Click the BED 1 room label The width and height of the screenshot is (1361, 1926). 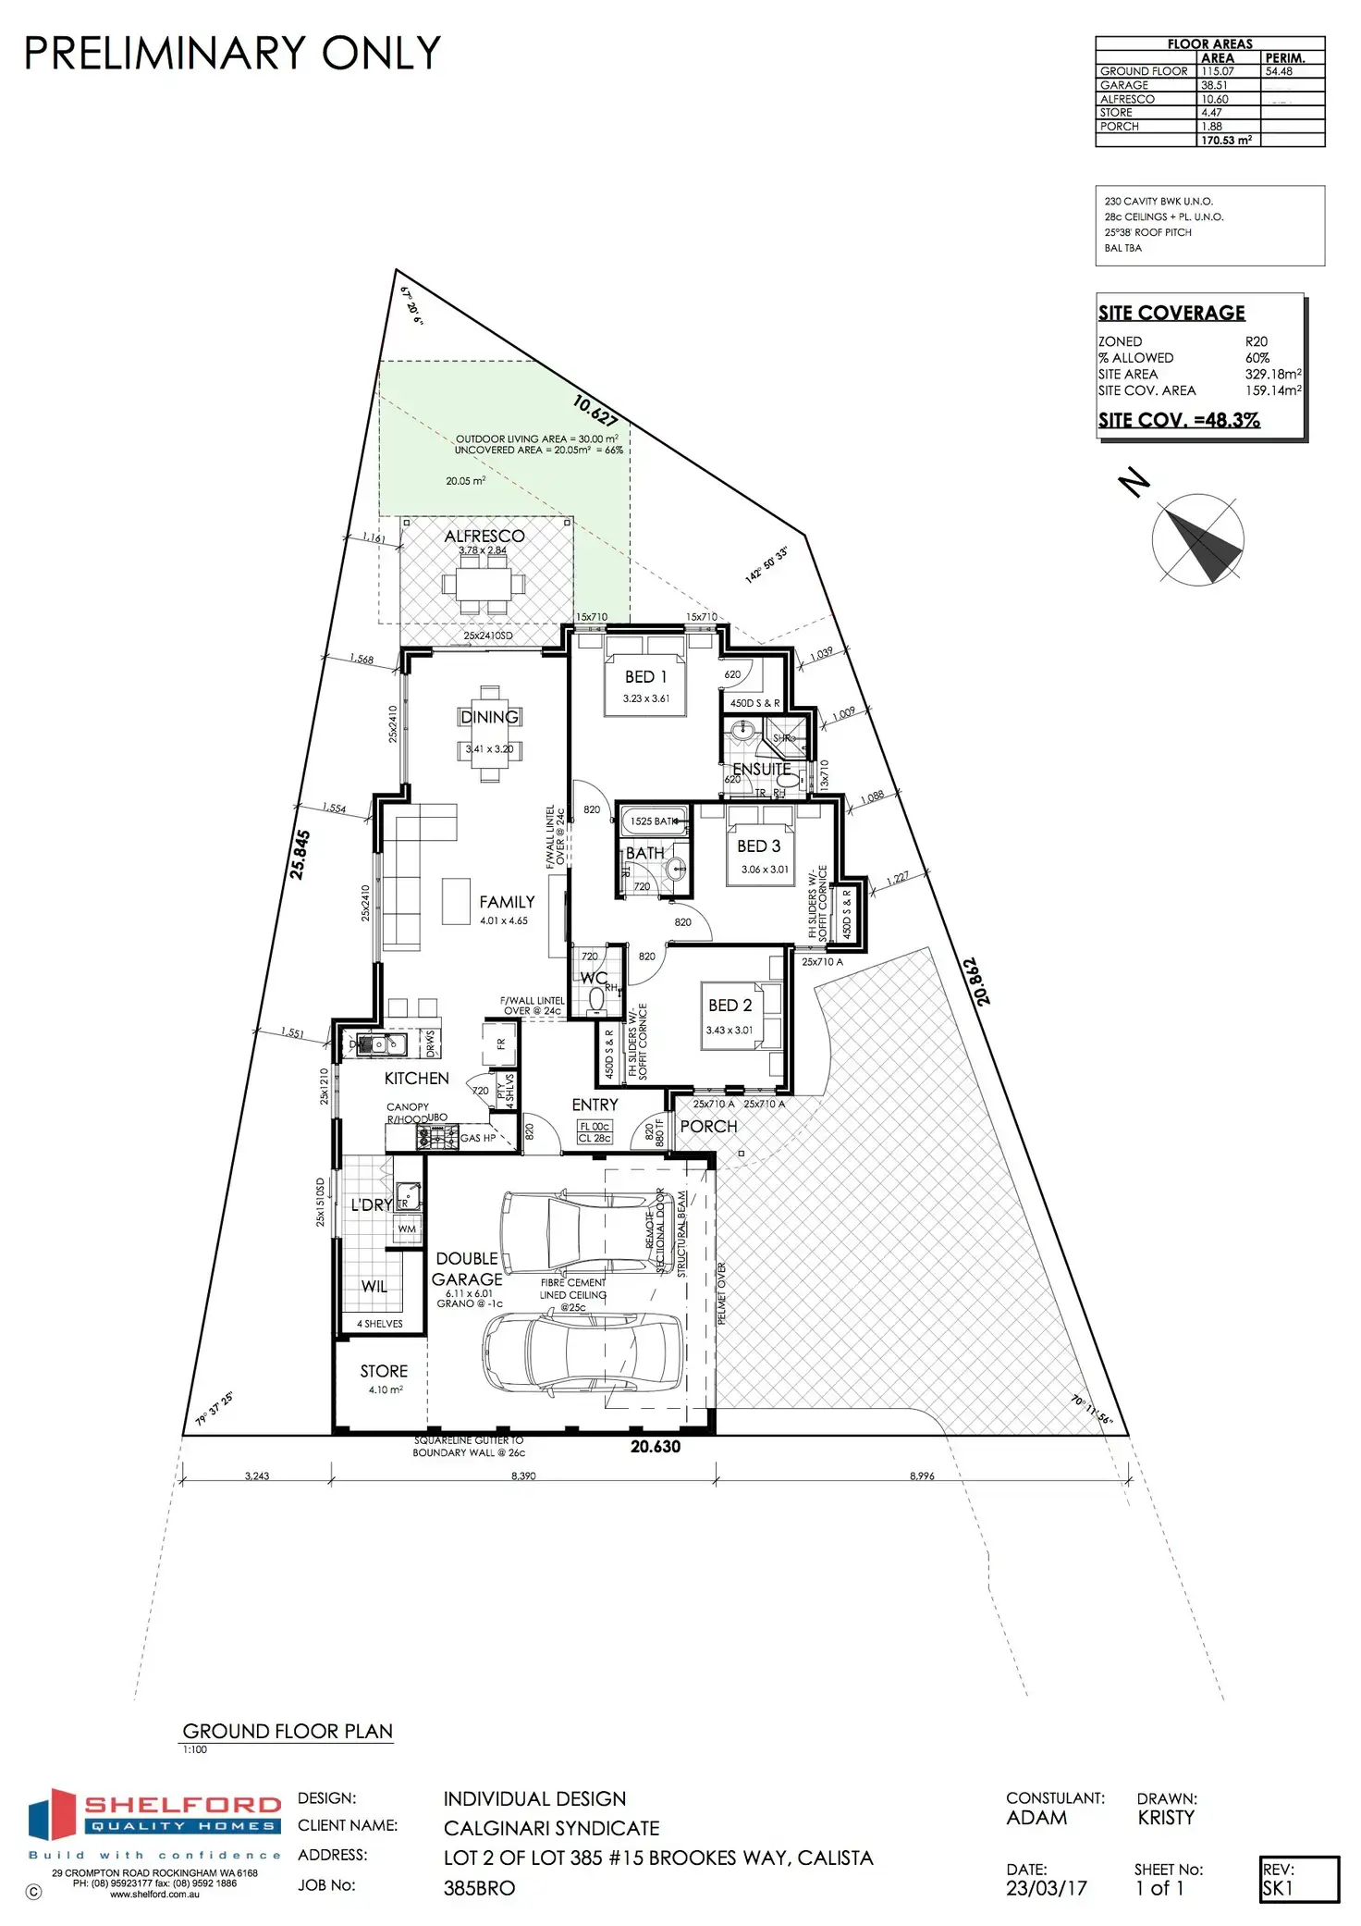coord(645,677)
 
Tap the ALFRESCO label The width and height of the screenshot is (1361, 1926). coord(484,536)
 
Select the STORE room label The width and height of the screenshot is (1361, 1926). coord(384,1371)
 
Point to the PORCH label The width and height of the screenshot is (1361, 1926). coord(708,1126)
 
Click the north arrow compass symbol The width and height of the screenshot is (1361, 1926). coord(1198,539)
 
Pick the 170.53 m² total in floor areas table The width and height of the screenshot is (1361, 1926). coord(1226,141)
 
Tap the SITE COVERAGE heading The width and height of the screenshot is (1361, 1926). coord(1171,313)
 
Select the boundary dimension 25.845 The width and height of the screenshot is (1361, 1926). coord(300,854)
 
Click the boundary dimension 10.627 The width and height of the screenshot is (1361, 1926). coord(595,410)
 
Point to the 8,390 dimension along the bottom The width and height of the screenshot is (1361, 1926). coord(523,1475)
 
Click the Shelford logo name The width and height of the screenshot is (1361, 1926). coord(182,1805)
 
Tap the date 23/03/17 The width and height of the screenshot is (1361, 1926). coord(1047,1888)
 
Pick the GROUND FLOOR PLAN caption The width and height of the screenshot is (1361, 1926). coord(288,1731)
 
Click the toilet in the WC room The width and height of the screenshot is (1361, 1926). coord(596,997)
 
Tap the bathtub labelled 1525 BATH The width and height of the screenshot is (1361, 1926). coord(654,821)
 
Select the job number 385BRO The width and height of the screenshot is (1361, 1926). coord(479,1888)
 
